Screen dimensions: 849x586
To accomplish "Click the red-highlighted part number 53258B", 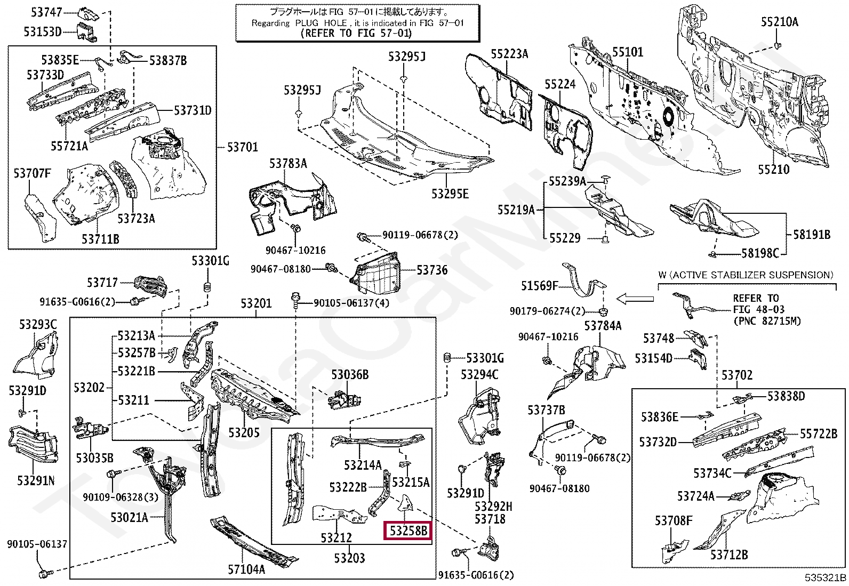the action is pos(408,531).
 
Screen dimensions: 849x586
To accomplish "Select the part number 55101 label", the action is pos(628,52).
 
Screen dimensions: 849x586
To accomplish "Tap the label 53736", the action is pos(432,270).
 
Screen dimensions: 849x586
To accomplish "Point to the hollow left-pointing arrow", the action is pos(635,299).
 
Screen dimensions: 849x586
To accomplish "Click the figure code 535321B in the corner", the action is pos(826,577).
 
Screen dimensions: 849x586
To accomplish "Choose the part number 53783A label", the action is pos(288,163).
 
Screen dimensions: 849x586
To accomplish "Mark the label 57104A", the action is pos(246,569).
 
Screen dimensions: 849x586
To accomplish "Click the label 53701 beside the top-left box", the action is pos(243,147).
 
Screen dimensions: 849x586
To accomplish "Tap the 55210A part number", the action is pos(780,22).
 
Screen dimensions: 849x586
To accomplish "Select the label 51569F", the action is pos(539,285).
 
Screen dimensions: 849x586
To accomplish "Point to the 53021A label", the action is pos(129,517).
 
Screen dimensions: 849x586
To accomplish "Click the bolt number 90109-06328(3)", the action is pos(121,496).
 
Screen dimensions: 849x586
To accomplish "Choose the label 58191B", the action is pos(812,235).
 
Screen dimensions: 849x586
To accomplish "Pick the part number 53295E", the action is pos(450,194).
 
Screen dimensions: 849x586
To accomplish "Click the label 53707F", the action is pos(32,173).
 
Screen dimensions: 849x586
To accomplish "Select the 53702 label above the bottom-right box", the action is pos(737,375).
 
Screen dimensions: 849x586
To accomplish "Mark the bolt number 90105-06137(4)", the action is pos(351,303).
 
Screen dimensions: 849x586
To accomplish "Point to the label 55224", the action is pos(560,84).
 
